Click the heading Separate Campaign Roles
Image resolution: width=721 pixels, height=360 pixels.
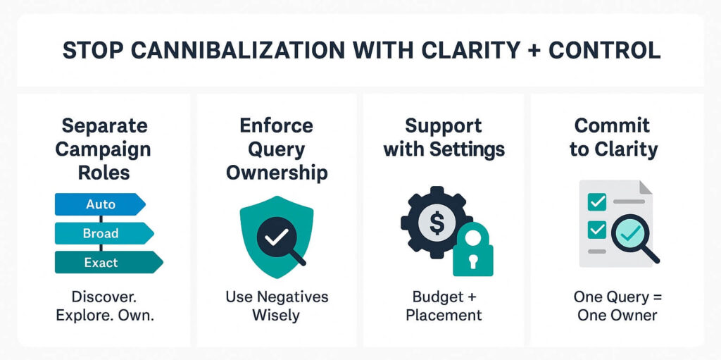pyautogui.click(x=103, y=149)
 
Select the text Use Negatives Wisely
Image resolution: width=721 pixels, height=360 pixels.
pyautogui.click(x=277, y=305)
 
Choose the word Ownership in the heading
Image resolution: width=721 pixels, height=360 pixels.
pyautogui.click(x=277, y=173)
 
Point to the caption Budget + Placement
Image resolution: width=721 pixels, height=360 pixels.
pyautogui.click(x=444, y=305)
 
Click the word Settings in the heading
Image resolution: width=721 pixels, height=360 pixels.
pyautogui.click(x=469, y=149)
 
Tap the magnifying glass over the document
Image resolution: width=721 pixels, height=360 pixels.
pyautogui.click(x=631, y=237)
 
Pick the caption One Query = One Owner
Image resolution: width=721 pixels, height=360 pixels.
pyautogui.click(x=617, y=305)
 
